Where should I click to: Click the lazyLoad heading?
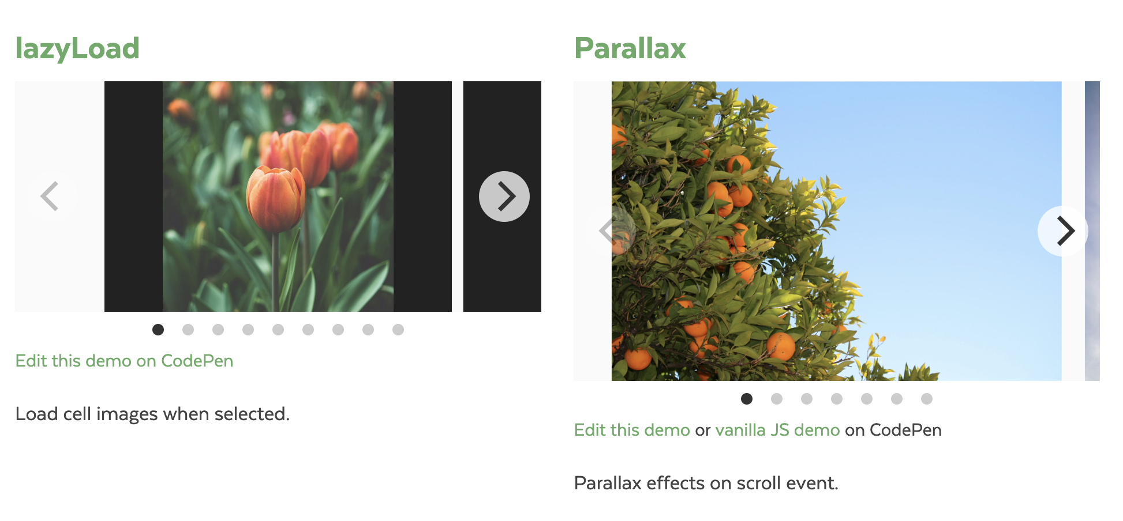77,48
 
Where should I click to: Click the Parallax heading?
630,48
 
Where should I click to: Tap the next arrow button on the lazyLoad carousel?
504,197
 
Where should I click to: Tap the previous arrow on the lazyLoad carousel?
50,197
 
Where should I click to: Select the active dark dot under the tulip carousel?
158,330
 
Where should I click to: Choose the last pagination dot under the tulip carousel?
398,330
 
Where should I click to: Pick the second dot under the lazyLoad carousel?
188,330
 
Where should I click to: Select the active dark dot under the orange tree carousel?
747,399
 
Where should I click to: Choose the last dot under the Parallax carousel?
927,399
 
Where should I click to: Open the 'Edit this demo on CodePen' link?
124,361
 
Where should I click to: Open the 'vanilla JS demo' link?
777,430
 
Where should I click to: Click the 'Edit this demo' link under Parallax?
632,430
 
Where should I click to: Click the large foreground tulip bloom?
276,199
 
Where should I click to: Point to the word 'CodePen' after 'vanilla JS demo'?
905,430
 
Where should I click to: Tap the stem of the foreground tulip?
276,271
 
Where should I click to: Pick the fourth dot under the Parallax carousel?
837,399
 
